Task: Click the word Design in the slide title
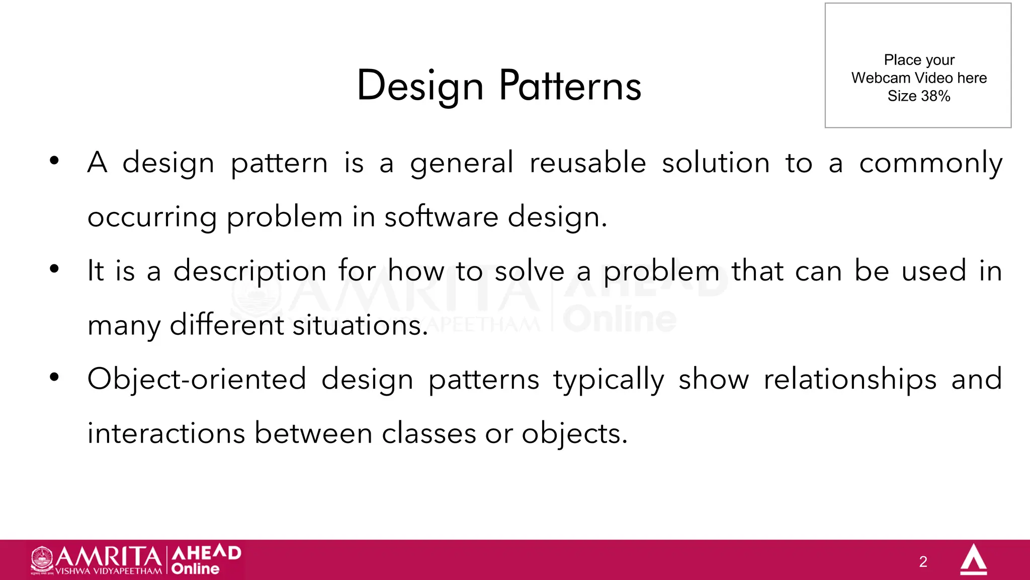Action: [420, 86]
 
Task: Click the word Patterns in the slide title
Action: [570, 86]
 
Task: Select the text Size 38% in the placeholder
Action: [918, 96]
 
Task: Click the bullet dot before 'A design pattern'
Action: [54, 161]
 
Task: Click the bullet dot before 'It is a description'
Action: [54, 269]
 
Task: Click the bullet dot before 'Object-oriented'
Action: [54, 377]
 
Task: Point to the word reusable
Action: [587, 163]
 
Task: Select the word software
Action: [442, 217]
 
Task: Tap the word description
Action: [250, 272]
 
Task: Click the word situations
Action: [360, 325]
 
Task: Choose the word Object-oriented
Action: [197, 380]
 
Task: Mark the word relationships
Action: [850, 380]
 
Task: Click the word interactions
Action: [166, 433]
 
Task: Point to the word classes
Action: [428, 433]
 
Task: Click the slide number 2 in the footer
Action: [923, 561]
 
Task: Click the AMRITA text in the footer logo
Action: [108, 556]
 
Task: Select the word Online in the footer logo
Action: [195, 569]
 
